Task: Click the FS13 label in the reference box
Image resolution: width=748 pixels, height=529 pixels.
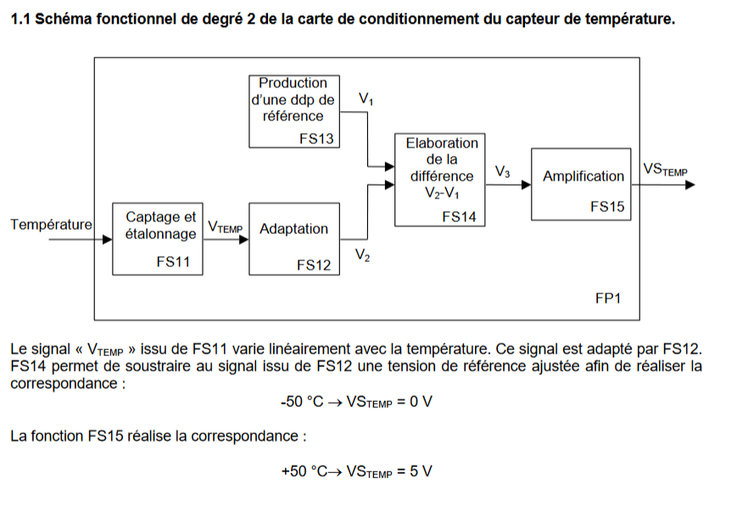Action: coord(316,138)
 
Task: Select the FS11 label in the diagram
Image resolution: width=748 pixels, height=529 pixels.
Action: coord(173,262)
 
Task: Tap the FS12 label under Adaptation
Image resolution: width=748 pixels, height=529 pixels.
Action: coord(314,265)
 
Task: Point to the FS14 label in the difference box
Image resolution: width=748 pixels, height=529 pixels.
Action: coord(459,217)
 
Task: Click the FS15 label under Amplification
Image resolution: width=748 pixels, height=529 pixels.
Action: coord(607,207)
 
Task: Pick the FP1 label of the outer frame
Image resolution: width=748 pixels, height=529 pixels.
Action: coord(608,298)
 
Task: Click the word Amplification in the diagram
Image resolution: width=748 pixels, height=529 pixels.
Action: coord(583,176)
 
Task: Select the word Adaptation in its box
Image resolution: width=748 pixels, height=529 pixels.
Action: coord(293,229)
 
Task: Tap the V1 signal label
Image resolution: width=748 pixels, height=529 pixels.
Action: coord(366,98)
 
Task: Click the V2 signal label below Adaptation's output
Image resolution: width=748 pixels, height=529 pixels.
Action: coord(363,255)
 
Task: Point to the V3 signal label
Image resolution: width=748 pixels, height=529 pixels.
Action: coord(502,171)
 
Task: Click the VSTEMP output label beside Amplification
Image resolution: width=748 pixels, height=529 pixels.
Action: coord(666,170)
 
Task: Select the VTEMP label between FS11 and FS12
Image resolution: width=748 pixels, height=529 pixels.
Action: coord(226,226)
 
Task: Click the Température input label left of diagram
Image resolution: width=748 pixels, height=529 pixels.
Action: coord(52,224)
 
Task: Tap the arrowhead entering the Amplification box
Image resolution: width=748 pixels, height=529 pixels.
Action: coord(526,185)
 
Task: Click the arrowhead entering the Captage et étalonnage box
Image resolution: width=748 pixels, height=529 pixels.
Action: coord(108,239)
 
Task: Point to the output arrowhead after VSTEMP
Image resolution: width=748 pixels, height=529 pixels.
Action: coord(690,185)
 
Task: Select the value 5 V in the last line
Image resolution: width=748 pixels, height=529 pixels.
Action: coord(421,471)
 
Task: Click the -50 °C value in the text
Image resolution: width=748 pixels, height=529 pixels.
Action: coord(302,402)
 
